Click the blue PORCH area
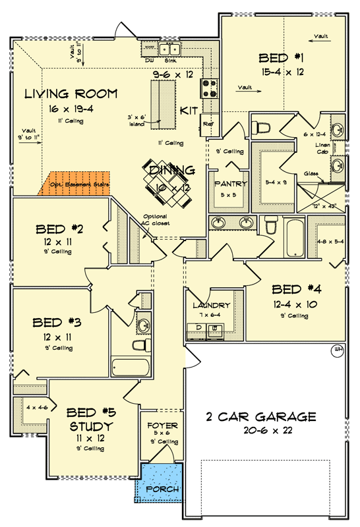[x=158, y=480]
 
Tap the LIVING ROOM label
[x=71, y=93]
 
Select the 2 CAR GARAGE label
[x=262, y=417]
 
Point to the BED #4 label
[x=295, y=289]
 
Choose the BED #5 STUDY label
[x=91, y=420]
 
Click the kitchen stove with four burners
[x=209, y=87]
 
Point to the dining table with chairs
[x=171, y=173]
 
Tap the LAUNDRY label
[x=211, y=306]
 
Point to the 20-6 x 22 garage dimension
[x=262, y=431]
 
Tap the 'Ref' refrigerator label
[x=208, y=123]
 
